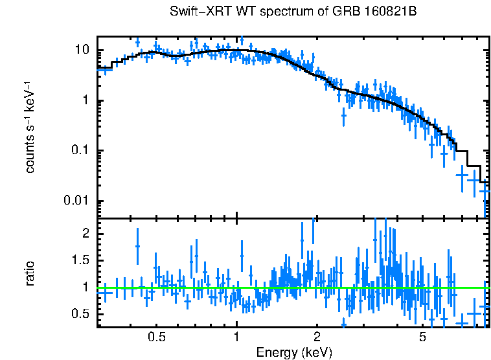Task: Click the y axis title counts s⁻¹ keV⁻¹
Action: coord(30,127)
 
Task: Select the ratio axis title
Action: coord(30,274)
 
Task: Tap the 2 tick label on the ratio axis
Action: coord(89,232)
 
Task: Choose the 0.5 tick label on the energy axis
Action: coord(157,338)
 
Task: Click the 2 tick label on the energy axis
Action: coord(317,338)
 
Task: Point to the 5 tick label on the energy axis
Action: coord(422,338)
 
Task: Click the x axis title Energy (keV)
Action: coord(293,352)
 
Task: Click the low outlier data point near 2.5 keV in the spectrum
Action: coord(343,116)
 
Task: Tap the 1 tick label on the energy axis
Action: coord(237,338)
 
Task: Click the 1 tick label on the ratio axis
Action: coord(89,287)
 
